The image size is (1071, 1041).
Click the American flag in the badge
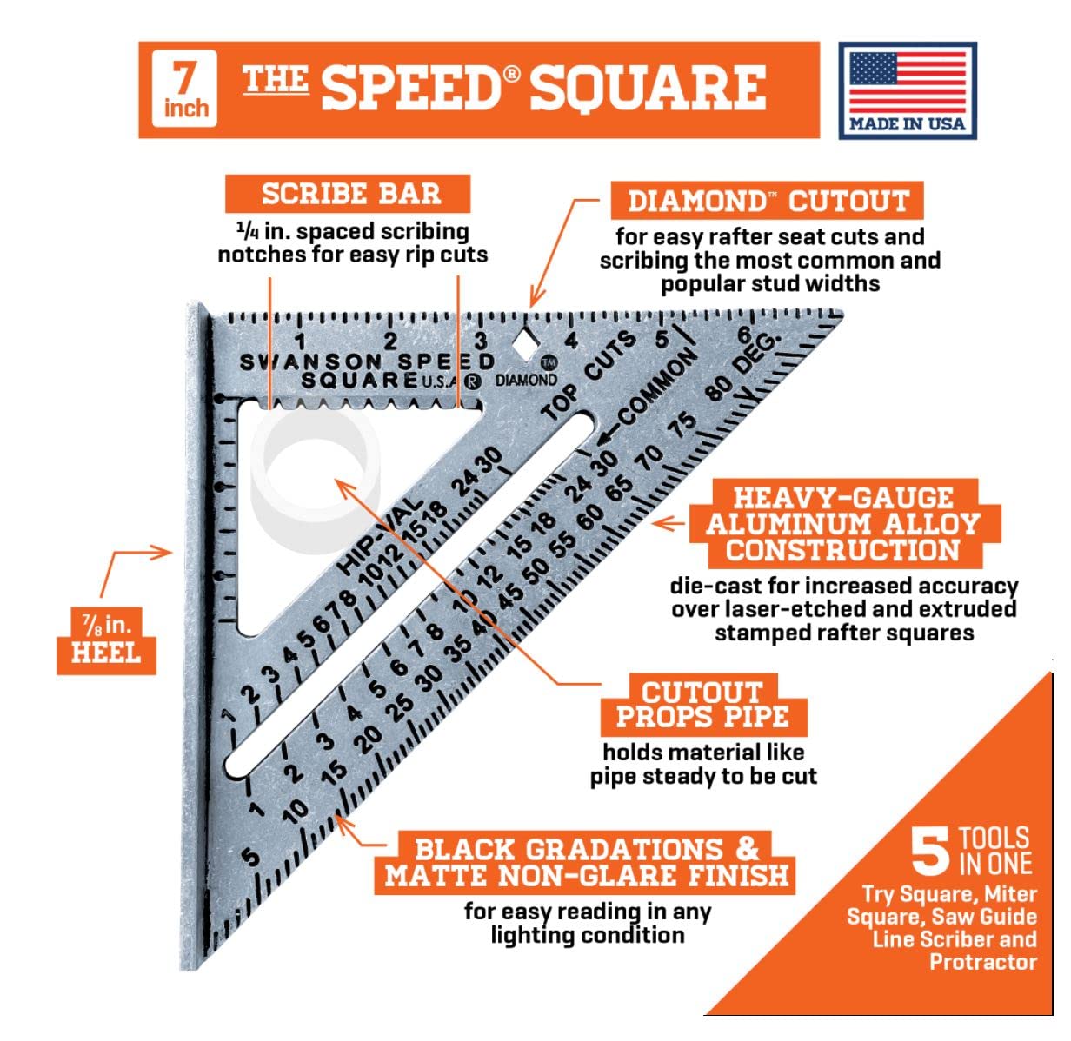point(907,82)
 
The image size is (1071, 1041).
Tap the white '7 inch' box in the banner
point(183,88)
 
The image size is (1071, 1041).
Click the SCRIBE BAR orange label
point(347,193)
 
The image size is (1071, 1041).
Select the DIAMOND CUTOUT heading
point(767,200)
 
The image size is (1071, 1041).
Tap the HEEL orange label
point(106,640)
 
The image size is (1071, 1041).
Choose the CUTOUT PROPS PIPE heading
point(703,704)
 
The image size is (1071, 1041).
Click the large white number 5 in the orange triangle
point(930,852)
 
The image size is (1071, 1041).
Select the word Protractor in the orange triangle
point(983,962)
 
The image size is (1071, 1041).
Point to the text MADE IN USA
point(907,123)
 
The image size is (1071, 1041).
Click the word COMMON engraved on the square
point(656,386)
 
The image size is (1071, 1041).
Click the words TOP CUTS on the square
point(588,375)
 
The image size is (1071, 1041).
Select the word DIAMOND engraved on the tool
point(526,380)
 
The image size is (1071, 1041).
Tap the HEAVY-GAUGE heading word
point(842,497)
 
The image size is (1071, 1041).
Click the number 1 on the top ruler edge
point(300,341)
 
